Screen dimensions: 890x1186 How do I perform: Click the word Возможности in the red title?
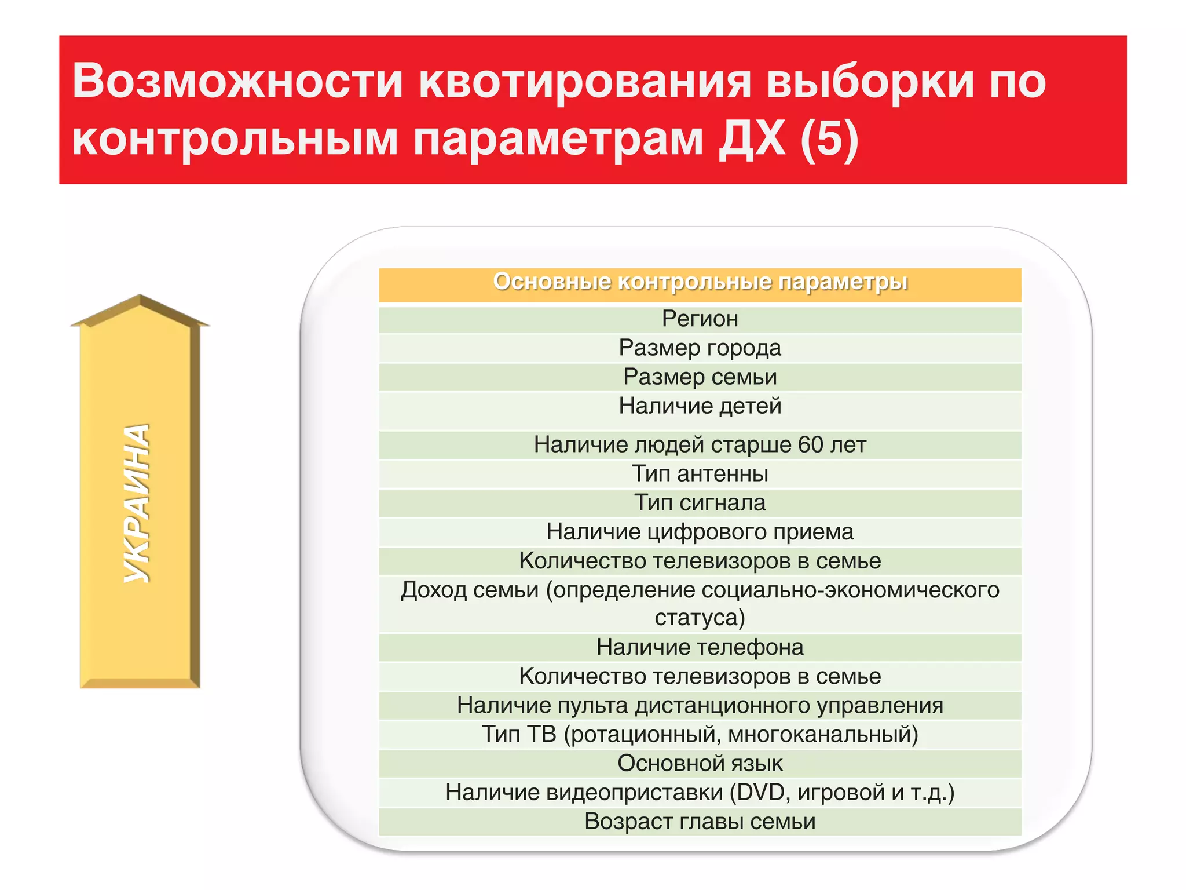pos(237,81)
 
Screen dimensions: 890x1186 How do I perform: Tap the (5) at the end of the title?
pos(829,139)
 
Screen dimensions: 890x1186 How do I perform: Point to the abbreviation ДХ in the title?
pos(752,139)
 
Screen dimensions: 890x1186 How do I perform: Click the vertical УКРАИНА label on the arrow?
pos(137,503)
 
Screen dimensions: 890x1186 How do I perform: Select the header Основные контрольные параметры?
pos(700,282)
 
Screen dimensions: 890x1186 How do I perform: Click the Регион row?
pos(700,319)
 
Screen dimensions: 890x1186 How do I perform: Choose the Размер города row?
pos(700,348)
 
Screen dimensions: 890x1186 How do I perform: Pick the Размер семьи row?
pos(700,377)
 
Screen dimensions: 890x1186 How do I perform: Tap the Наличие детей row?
pos(700,406)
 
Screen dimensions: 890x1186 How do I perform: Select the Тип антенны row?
pos(700,474)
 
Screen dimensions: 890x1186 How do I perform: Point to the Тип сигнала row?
pos(700,503)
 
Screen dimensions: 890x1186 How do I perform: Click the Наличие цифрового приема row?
pos(700,532)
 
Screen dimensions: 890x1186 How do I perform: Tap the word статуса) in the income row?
pos(700,618)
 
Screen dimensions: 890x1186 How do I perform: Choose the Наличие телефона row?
pos(700,647)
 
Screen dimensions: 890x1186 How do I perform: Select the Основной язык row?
pos(700,764)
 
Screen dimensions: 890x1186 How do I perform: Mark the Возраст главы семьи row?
pos(700,822)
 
